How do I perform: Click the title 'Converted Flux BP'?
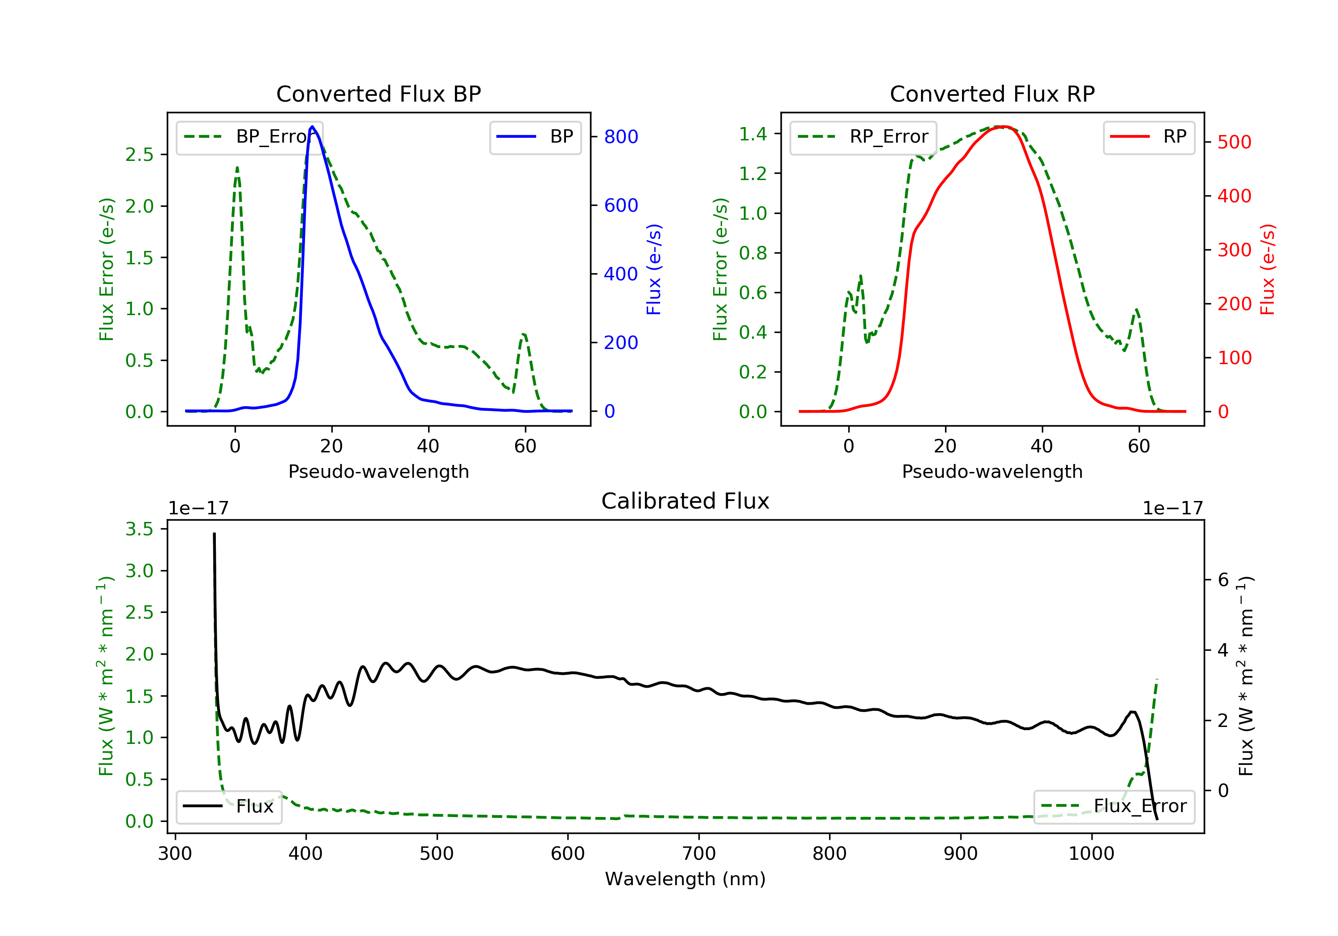[x=378, y=94]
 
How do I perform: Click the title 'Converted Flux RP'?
[x=992, y=94]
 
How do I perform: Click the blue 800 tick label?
[x=621, y=137]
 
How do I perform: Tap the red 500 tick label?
[x=1234, y=142]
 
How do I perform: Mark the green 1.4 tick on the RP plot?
[x=752, y=134]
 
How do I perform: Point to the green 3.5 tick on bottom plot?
[x=139, y=529]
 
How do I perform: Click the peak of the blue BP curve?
[x=312, y=127]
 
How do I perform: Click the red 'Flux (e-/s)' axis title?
[x=1267, y=269]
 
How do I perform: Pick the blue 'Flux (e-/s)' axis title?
[x=653, y=269]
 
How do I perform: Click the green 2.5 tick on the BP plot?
[x=139, y=154]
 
